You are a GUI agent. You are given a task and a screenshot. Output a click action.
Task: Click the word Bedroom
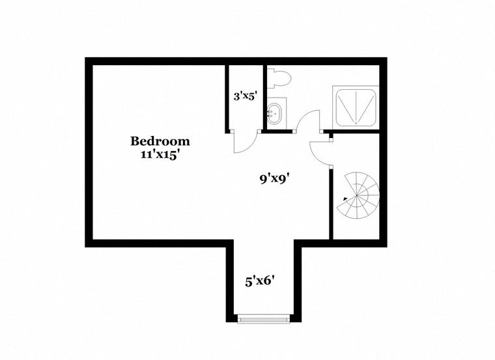[160, 141]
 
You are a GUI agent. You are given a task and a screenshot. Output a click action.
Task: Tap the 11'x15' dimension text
[160, 154]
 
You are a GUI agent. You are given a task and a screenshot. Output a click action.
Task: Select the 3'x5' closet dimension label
[244, 96]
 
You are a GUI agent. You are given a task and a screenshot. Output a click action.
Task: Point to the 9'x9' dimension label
[275, 179]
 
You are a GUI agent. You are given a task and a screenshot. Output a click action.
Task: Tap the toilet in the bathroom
[279, 78]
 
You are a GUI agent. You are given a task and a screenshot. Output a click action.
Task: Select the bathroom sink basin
[274, 113]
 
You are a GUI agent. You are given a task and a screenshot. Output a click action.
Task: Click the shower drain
[356, 123]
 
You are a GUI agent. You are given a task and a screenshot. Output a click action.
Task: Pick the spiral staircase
[358, 195]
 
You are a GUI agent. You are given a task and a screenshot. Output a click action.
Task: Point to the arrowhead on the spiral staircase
[345, 199]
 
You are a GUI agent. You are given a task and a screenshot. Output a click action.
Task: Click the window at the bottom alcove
[264, 318]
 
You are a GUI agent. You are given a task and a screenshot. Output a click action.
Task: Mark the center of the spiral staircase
[357, 195]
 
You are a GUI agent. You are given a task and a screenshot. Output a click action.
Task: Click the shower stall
[356, 107]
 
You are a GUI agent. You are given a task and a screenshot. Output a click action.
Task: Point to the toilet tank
[270, 78]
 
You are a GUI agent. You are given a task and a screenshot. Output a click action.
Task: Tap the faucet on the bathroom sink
[270, 113]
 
